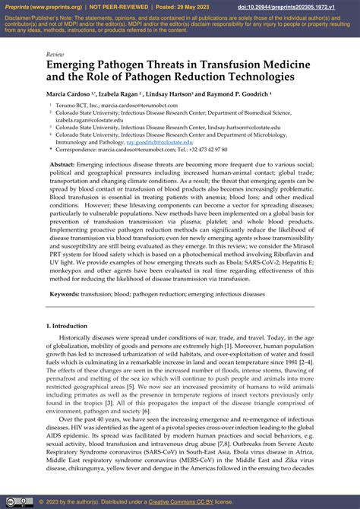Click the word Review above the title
click(x=55, y=55)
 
